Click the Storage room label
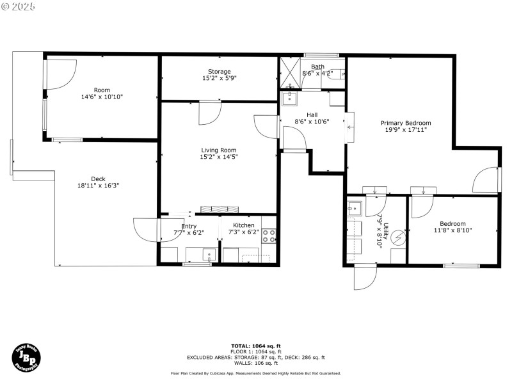[219, 72]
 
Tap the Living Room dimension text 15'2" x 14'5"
[219, 157]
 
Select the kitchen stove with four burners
[269, 237]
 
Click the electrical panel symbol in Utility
[398, 237]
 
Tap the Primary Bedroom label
[406, 123]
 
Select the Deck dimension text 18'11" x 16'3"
[98, 186]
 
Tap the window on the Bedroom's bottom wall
[461, 266]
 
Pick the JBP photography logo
[26, 356]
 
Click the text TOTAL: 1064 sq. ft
[255, 346]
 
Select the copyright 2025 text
[19, 6]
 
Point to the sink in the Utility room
[355, 208]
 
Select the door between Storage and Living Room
[209, 113]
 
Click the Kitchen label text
[243, 225]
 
